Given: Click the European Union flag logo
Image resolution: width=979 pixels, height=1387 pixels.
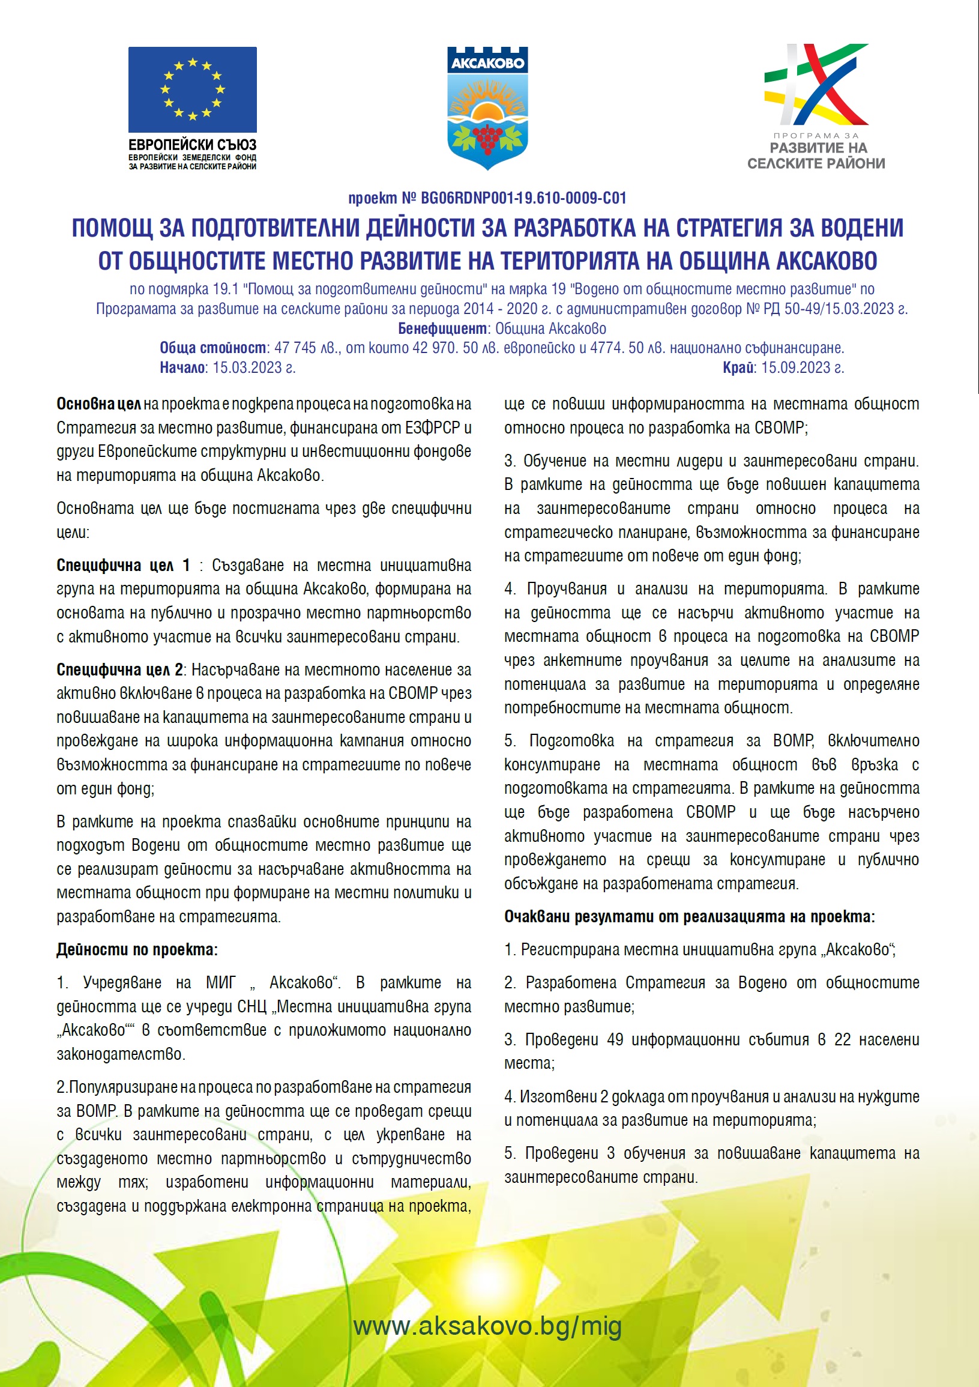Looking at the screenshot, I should click(192, 89).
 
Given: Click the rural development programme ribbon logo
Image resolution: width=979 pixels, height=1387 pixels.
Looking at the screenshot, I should click(815, 85).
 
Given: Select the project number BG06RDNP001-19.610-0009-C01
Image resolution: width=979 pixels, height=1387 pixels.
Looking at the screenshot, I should click(523, 198).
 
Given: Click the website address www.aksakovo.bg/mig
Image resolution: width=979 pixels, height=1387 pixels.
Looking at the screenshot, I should click(487, 1326).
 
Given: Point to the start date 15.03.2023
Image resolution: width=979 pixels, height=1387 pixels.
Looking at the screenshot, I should click(253, 367).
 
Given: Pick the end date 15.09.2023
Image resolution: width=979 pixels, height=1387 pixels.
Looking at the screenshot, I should click(801, 367).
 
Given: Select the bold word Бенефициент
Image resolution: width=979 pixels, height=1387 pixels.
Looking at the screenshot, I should click(442, 328).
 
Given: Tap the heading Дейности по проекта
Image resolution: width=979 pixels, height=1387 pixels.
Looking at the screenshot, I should click(137, 950).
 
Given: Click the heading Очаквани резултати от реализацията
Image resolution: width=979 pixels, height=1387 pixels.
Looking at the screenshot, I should click(689, 916).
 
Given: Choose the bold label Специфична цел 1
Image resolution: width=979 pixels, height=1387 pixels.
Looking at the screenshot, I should click(123, 565).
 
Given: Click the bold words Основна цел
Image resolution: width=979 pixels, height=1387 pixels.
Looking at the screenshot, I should click(98, 403).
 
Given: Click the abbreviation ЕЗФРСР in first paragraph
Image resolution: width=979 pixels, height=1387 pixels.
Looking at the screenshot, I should click(433, 428).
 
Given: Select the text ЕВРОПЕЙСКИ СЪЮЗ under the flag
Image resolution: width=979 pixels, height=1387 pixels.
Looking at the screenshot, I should click(192, 145).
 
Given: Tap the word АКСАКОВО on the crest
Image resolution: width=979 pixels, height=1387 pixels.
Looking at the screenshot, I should click(487, 63).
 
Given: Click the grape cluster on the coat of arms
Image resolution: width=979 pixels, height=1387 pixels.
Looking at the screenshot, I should click(487, 136).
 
